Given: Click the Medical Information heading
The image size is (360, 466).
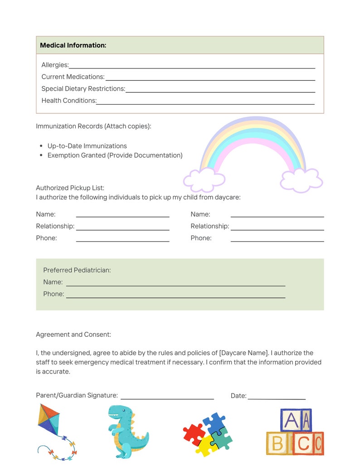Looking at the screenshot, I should pos(73,45).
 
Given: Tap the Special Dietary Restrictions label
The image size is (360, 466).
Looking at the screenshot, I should pos(83,88).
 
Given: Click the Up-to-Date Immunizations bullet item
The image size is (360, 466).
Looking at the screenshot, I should pos(87,146).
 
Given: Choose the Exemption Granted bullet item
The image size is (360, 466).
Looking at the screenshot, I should pos(115,155).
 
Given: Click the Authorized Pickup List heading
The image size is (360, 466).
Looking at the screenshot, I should pos(70,188).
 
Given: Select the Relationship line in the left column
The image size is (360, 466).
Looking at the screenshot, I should pos(122,229).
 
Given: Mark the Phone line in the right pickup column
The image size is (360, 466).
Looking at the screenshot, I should pos(277,241).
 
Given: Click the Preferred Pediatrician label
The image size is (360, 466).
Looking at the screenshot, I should pos(77,270).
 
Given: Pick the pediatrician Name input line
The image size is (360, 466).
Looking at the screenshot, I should pos(175,285).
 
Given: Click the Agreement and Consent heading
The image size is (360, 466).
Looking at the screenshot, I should pos(73,335).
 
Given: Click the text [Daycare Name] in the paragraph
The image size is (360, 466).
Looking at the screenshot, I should pos(243,353).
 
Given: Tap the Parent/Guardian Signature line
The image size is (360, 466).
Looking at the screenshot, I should pos(167,398).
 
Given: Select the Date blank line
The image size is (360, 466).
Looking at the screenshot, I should pos(276,398).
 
